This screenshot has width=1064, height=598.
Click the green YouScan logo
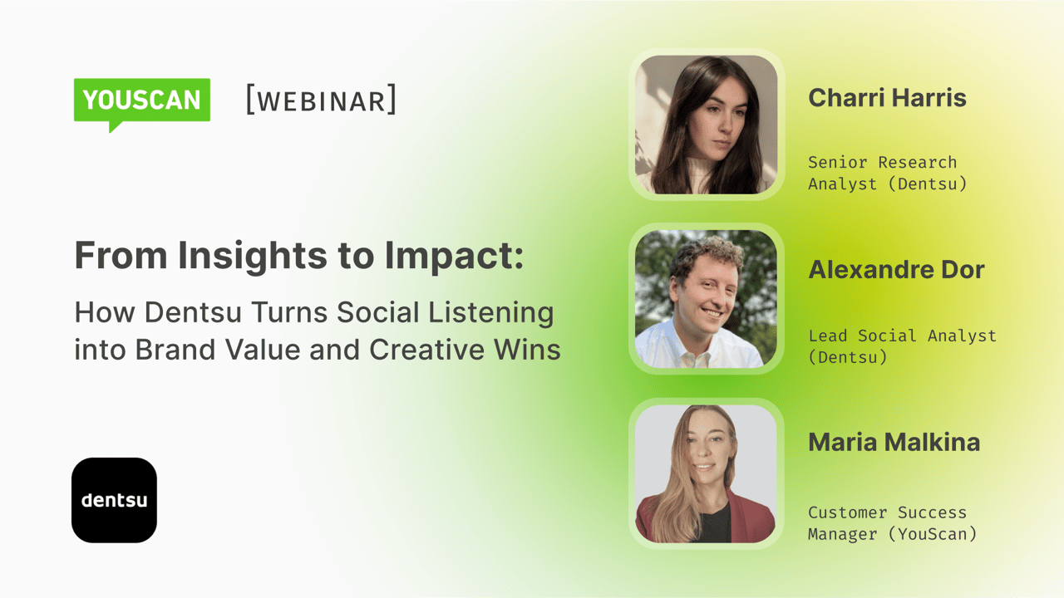pyautogui.click(x=141, y=100)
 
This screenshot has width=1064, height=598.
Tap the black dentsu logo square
pyautogui.click(x=114, y=500)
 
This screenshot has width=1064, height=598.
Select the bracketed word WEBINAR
pyautogui.click(x=321, y=100)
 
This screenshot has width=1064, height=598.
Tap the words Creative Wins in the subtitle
pyautogui.click(x=465, y=350)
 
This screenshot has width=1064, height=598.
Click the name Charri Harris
pyautogui.click(x=887, y=98)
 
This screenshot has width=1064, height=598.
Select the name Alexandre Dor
pyautogui.click(x=896, y=270)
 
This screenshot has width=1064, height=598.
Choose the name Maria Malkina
pyautogui.click(x=894, y=443)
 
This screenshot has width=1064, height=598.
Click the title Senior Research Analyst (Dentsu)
pyautogui.click(x=887, y=173)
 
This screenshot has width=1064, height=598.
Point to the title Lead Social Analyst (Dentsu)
pyautogui.click(x=902, y=346)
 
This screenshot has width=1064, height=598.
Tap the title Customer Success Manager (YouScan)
pyautogui.click(x=892, y=522)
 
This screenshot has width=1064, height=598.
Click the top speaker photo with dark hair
pyautogui.click(x=706, y=125)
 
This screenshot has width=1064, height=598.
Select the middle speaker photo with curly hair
pyautogui.click(x=706, y=299)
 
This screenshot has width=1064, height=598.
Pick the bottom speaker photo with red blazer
pyautogui.click(x=706, y=473)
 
